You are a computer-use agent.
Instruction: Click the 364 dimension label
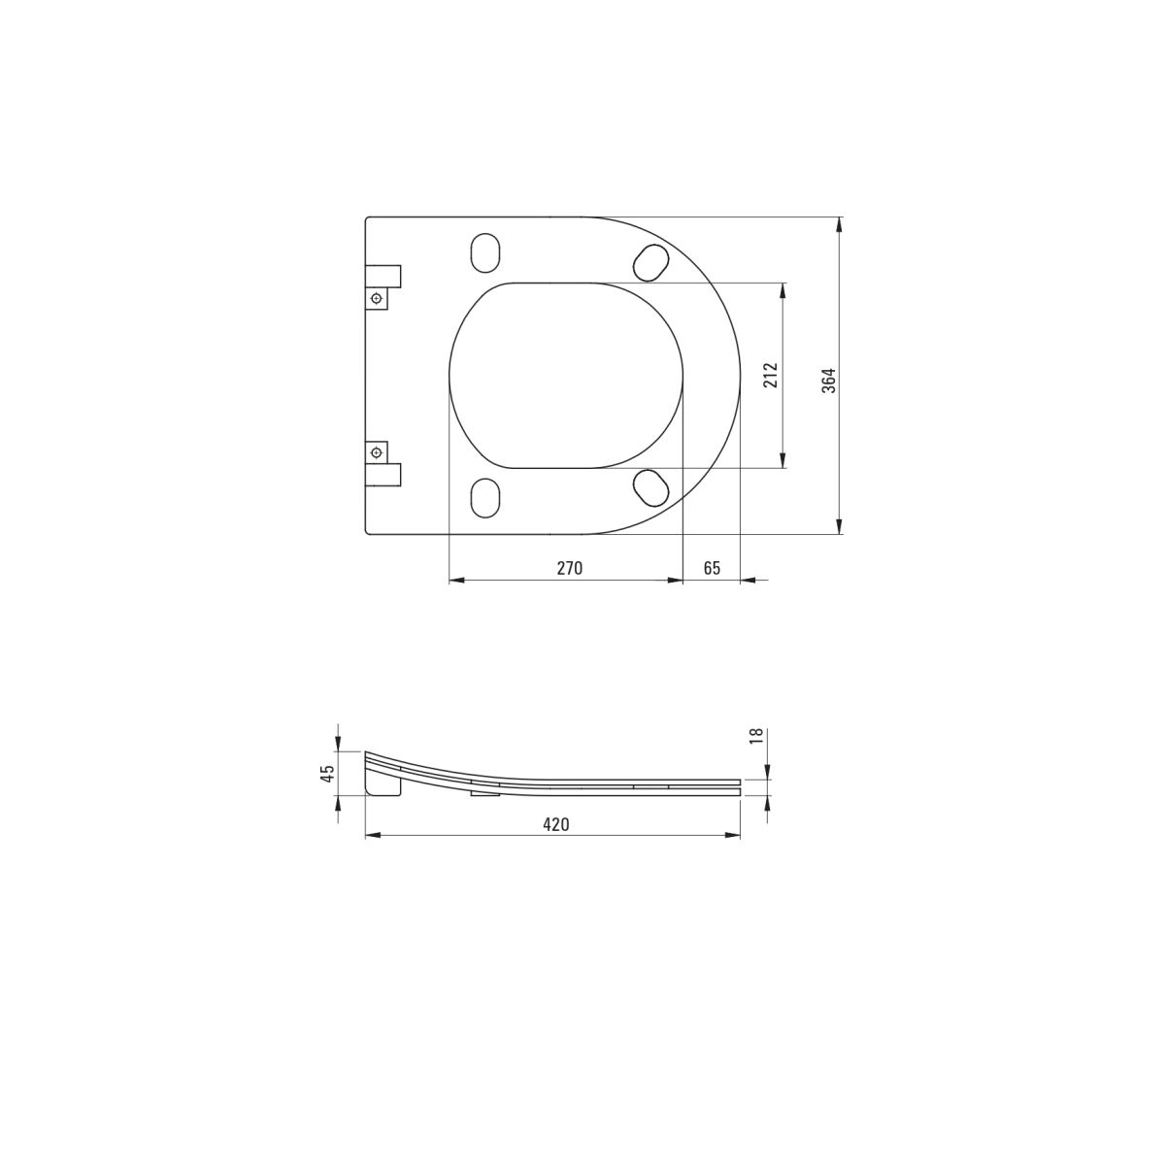click(x=829, y=381)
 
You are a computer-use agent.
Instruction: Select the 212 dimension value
click(x=771, y=375)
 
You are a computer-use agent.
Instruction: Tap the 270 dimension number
click(x=569, y=568)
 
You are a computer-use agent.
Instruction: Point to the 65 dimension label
click(x=713, y=568)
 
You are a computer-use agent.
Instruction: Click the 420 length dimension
click(x=556, y=824)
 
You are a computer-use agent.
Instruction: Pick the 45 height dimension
click(x=327, y=774)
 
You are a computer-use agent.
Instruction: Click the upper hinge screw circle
click(x=377, y=299)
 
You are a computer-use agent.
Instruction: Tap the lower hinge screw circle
click(x=377, y=452)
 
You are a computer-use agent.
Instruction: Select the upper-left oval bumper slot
click(x=485, y=251)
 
